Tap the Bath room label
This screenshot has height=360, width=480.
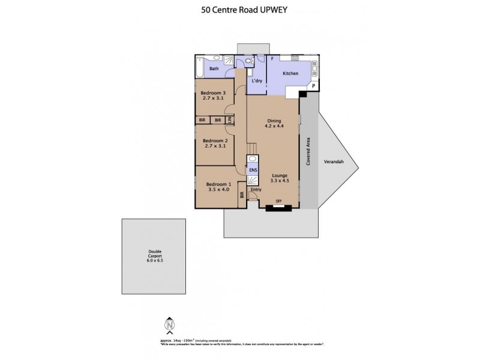[x=214, y=69]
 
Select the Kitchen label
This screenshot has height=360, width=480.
[x=290, y=73]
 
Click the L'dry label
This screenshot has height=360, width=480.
[x=257, y=80]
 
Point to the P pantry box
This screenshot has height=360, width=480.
[x=313, y=87]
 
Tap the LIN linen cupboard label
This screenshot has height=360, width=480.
[x=229, y=120]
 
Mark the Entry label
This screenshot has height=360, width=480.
[x=256, y=190]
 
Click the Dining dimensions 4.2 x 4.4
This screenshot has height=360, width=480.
[x=274, y=127]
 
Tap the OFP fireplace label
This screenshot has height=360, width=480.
[x=278, y=200]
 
